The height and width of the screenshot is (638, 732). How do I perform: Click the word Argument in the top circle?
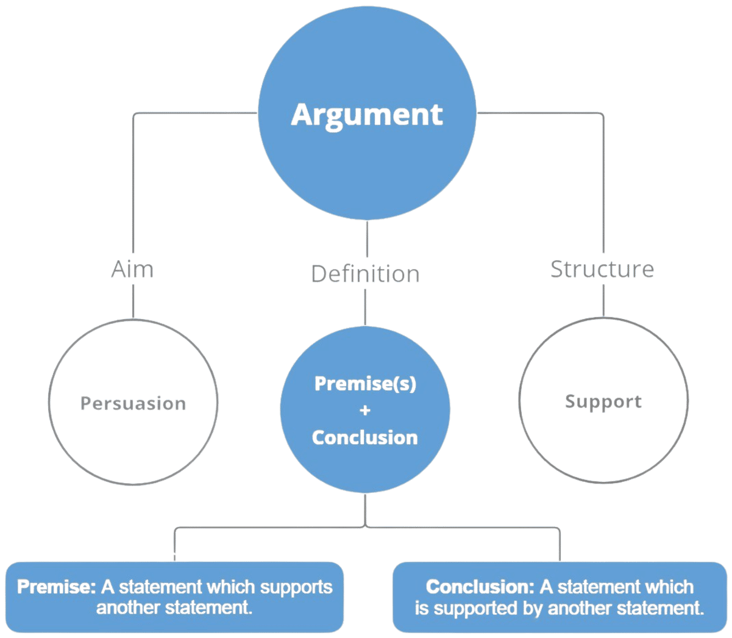pyautogui.click(x=366, y=115)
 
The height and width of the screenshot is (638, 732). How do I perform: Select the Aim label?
pyautogui.click(x=132, y=269)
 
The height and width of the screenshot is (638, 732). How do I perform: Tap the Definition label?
pyautogui.click(x=365, y=274)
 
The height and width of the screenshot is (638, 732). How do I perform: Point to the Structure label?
pyautogui.click(x=602, y=269)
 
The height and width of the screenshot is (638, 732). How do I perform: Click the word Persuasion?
pyautogui.click(x=133, y=403)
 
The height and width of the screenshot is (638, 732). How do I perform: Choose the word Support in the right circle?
pyautogui.click(x=603, y=401)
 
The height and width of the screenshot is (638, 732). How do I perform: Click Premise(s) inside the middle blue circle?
pyautogui.click(x=365, y=384)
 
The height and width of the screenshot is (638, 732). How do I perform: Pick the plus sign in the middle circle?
pyautogui.click(x=365, y=410)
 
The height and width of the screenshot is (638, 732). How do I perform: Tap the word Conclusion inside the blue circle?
pyautogui.click(x=365, y=437)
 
